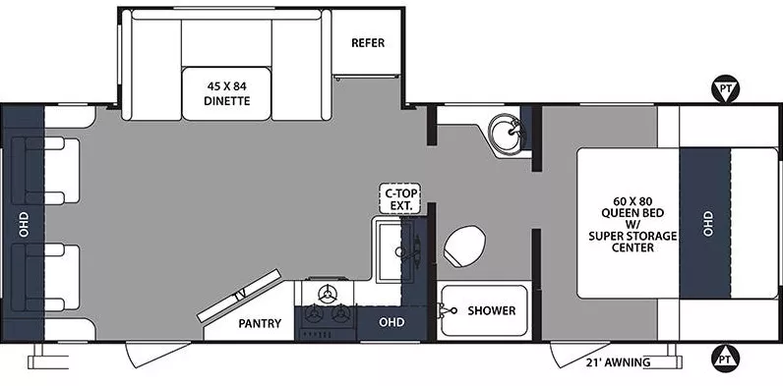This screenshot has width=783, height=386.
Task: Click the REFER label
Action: tap(368, 43)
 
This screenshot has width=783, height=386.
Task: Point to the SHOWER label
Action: tap(491, 310)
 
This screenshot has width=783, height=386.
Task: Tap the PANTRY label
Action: tap(261, 323)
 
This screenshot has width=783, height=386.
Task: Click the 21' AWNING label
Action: tap(620, 363)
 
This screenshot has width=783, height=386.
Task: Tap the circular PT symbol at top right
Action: tap(725, 91)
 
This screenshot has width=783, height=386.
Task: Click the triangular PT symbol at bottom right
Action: tap(725, 356)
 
